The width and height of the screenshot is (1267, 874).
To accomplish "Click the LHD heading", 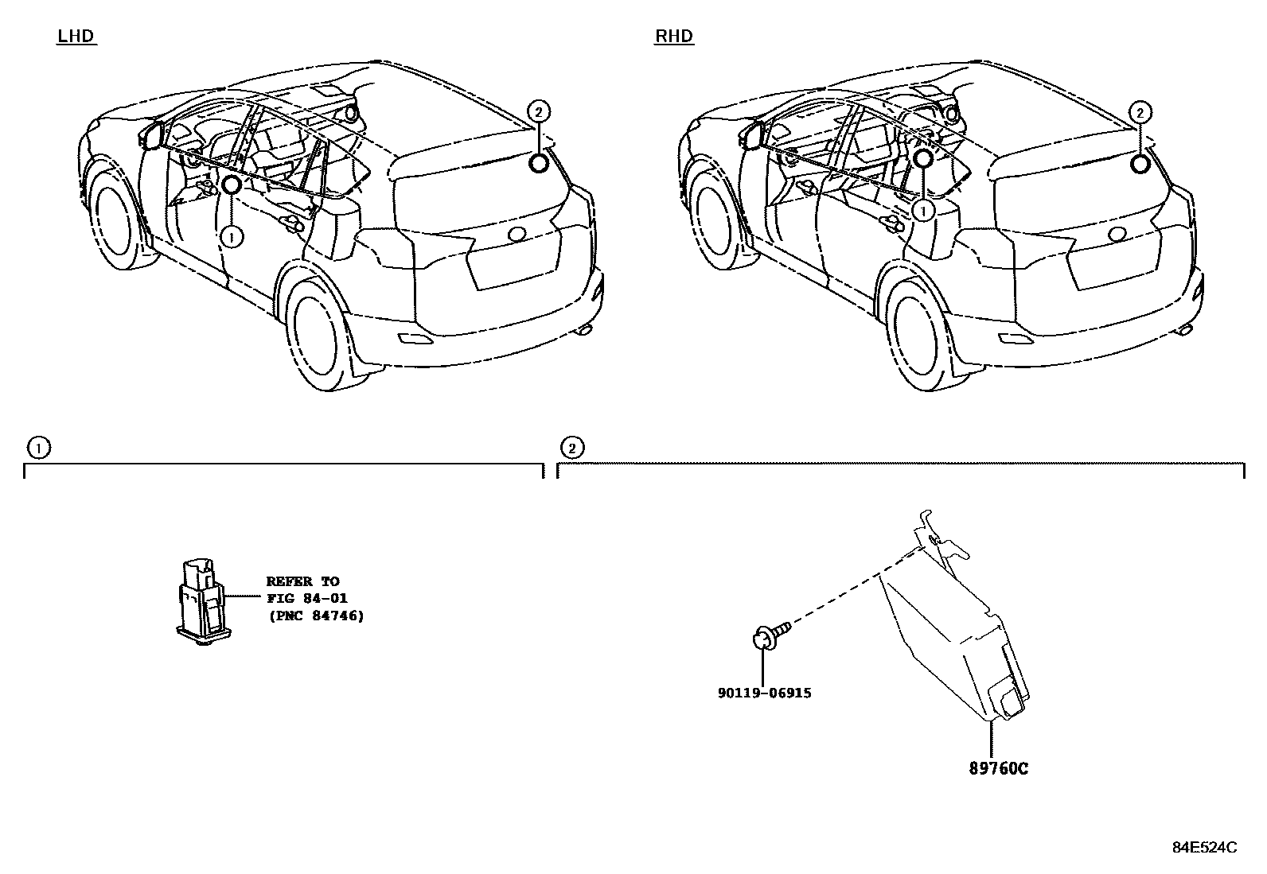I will pyautogui.click(x=76, y=36).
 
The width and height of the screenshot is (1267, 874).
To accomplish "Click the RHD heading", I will pyautogui.click(x=674, y=36).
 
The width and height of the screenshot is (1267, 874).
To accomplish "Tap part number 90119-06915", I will pyautogui.click(x=764, y=693).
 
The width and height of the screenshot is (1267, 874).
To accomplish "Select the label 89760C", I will pyautogui.click(x=998, y=768).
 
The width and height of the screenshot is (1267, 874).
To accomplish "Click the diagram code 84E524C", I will pyautogui.click(x=1204, y=847).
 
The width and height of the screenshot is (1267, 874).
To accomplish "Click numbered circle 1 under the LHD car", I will pyautogui.click(x=231, y=236).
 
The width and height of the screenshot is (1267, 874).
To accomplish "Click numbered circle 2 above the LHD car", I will pyautogui.click(x=539, y=111).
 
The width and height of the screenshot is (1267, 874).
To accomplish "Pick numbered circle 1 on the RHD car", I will pyautogui.click(x=923, y=211).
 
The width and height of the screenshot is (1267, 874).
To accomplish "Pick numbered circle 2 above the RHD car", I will pyautogui.click(x=1140, y=113).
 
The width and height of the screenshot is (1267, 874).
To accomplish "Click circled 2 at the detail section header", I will pyautogui.click(x=571, y=448).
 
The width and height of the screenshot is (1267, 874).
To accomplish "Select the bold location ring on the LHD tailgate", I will pyautogui.click(x=539, y=164).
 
